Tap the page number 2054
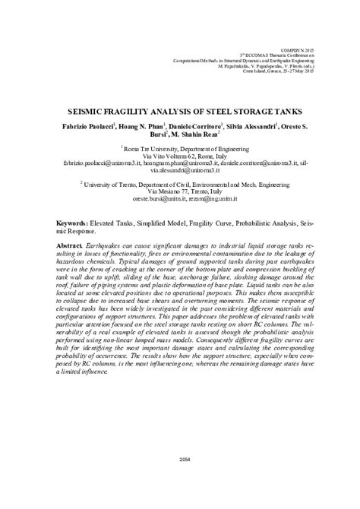180,480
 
